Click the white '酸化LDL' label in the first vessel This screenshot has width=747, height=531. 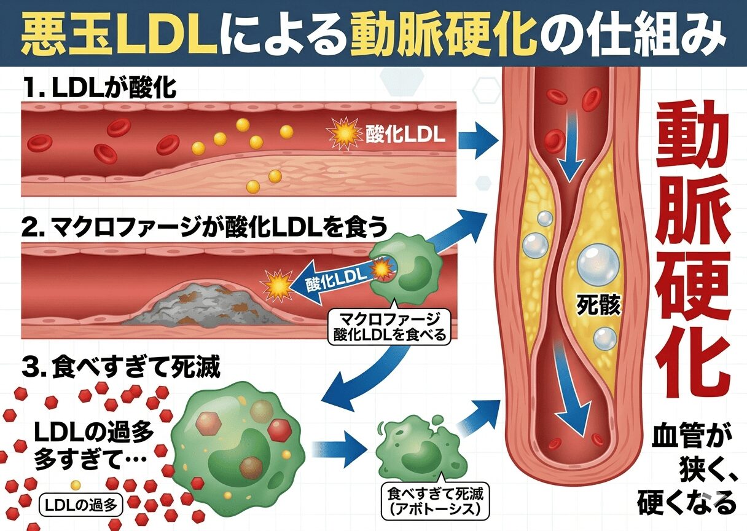pos(405,135)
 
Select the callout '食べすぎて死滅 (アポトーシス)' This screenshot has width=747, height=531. pos(431,501)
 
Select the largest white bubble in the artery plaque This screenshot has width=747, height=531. pos(594,262)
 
